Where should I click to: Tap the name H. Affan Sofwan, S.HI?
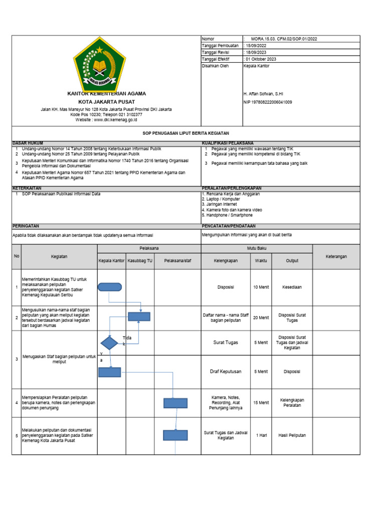(x=263, y=94)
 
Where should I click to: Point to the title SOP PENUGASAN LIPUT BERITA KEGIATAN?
(x=185, y=134)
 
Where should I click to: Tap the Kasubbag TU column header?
(x=140, y=261)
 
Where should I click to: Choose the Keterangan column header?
(x=336, y=256)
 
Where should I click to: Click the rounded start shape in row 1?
(x=110, y=287)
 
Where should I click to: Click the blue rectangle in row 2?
(x=139, y=316)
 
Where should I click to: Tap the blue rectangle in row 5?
(x=175, y=435)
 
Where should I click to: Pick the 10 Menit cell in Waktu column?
(x=261, y=287)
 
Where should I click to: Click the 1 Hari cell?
(x=261, y=435)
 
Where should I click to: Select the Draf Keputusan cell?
(x=226, y=372)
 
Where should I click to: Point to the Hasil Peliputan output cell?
(x=292, y=435)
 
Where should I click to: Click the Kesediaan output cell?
(x=292, y=287)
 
